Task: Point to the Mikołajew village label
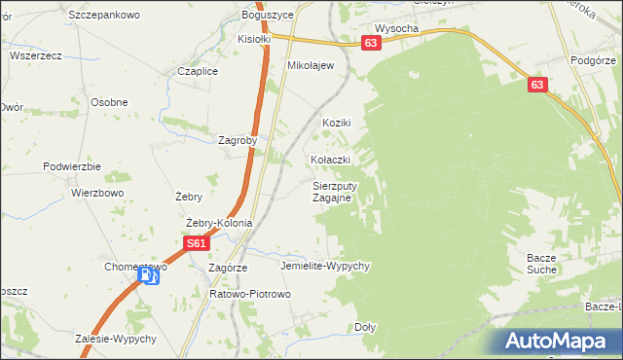click(x=311, y=65)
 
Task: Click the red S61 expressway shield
click(x=197, y=243)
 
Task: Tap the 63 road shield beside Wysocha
click(x=370, y=44)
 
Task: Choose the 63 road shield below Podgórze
click(x=538, y=86)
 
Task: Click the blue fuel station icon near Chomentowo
click(x=148, y=276)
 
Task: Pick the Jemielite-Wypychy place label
click(x=325, y=266)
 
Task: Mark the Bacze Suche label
click(x=541, y=263)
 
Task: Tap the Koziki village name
click(x=336, y=123)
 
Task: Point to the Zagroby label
click(x=238, y=139)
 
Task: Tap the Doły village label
click(x=365, y=327)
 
